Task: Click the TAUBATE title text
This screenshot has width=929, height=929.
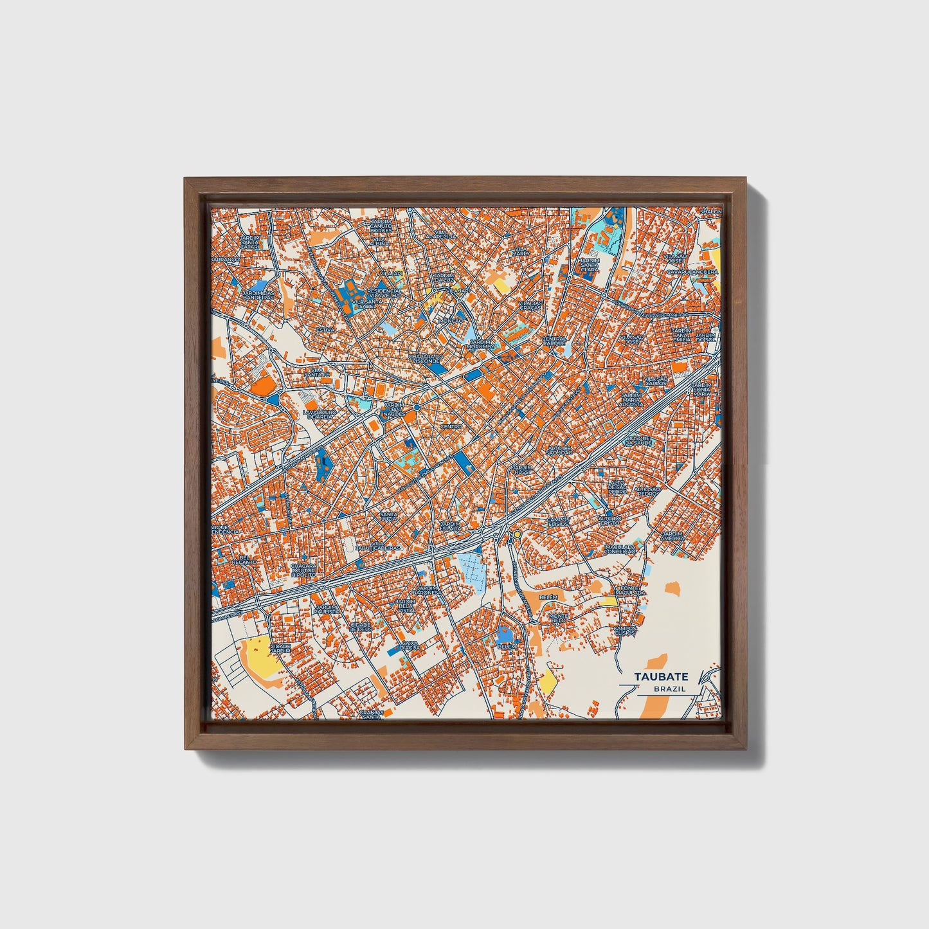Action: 661,677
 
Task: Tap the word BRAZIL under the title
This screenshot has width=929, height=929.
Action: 669,689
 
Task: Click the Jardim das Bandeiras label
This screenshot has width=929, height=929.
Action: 257,295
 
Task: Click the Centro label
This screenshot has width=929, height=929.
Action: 451,426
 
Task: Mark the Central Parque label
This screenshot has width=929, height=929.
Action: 554,341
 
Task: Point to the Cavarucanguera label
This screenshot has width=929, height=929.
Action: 692,272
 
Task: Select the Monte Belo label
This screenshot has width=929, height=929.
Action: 559,618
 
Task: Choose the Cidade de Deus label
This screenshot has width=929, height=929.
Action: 361,626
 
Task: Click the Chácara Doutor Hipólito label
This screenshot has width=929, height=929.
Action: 303,570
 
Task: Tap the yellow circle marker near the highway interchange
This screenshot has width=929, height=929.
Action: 516,534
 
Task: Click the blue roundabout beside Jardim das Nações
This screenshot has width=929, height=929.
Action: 417,408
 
